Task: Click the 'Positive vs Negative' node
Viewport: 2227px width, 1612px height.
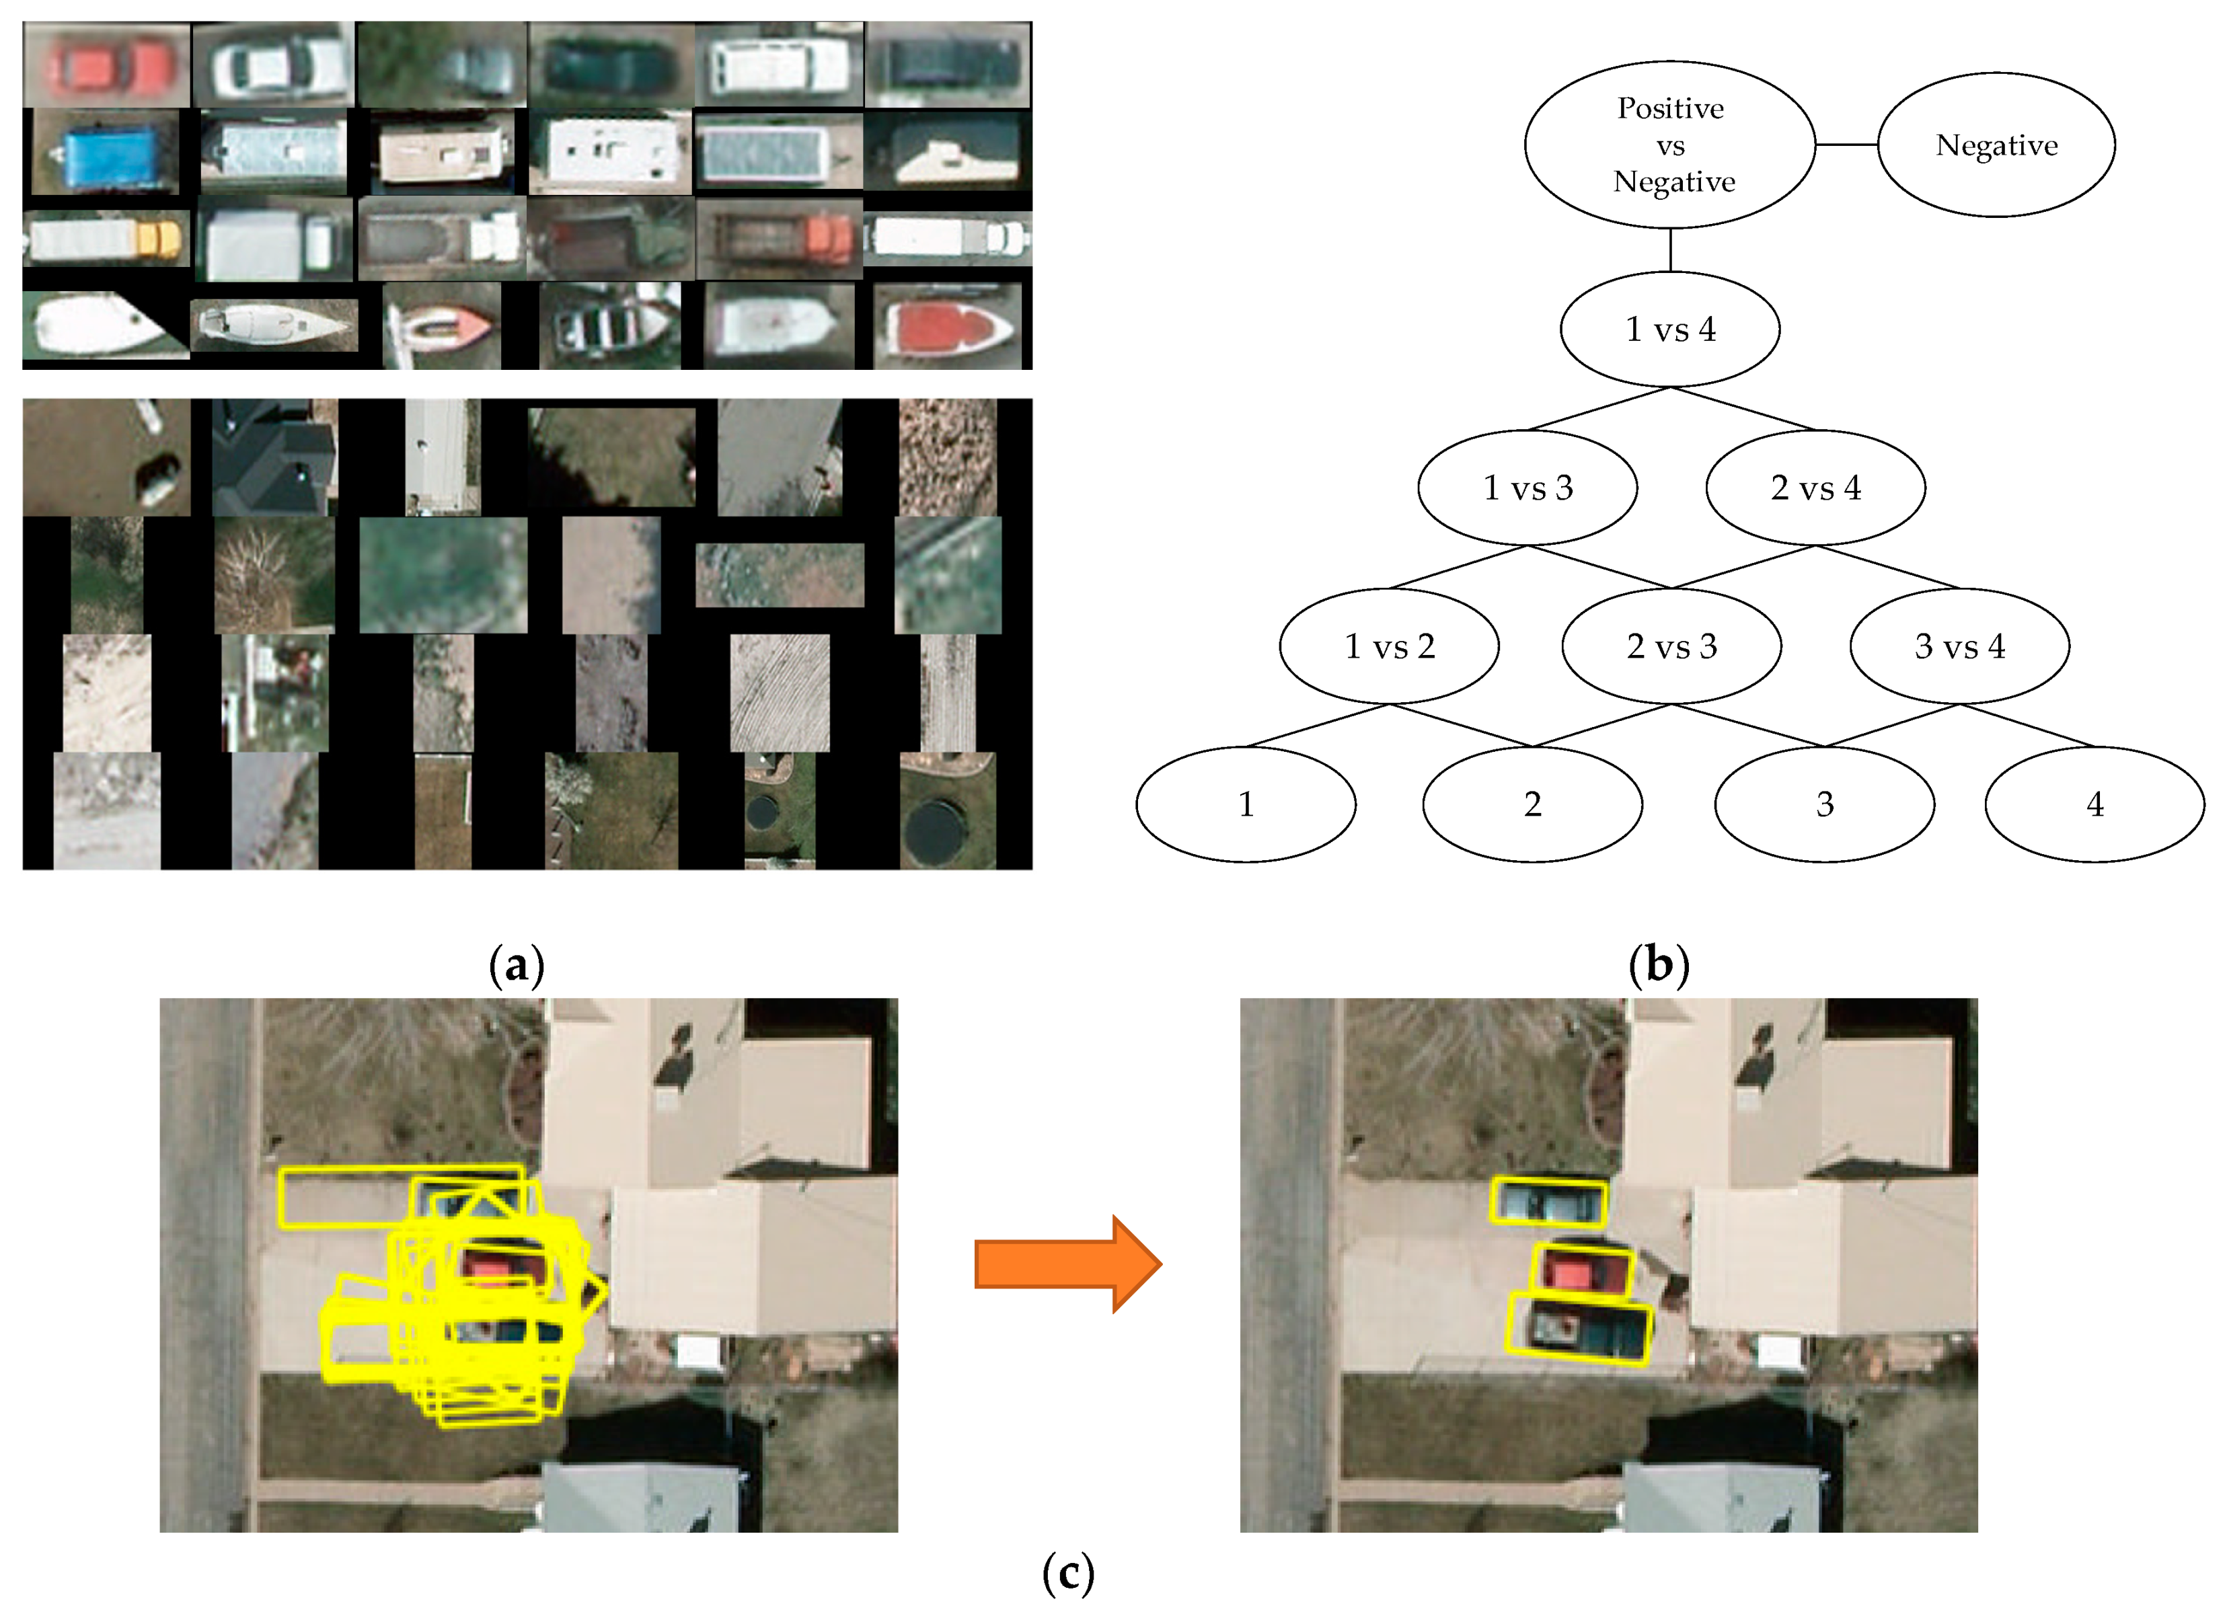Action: point(1669,145)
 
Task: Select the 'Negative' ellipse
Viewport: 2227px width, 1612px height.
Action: point(1995,145)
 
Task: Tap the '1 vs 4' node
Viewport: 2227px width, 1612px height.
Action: point(1669,329)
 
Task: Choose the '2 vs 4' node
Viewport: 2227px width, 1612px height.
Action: point(1815,487)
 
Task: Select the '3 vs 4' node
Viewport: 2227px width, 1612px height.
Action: point(1959,646)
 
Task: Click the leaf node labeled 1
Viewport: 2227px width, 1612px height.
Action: point(1245,804)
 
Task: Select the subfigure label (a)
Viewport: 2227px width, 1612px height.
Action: point(517,965)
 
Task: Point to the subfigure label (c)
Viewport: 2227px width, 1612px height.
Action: point(1067,1574)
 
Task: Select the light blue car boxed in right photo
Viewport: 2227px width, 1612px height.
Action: point(1548,1202)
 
